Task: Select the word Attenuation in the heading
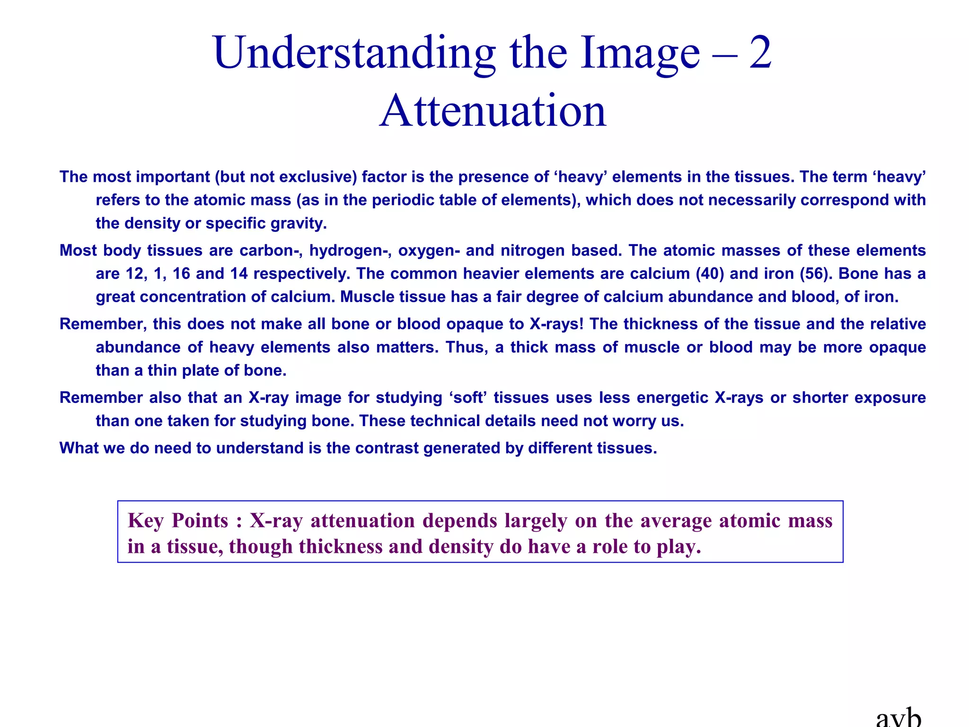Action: (493, 111)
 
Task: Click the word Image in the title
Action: (640, 53)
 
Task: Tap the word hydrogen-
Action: (350, 250)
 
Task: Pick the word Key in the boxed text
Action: (146, 521)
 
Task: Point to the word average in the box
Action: (677, 521)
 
